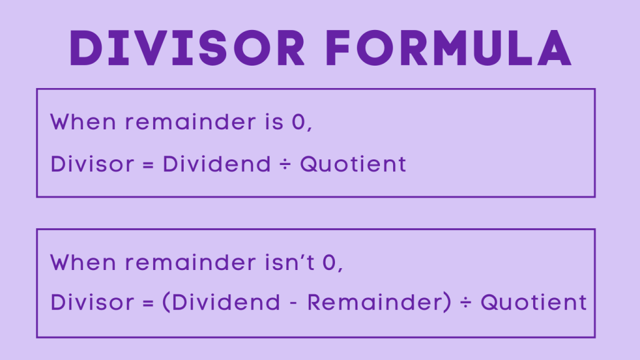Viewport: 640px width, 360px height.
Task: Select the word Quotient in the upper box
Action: click(x=353, y=164)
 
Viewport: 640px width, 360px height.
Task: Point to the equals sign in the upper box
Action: click(x=148, y=165)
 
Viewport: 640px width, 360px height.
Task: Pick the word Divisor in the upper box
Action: click(x=92, y=164)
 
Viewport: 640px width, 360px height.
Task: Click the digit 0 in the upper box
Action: click(x=299, y=122)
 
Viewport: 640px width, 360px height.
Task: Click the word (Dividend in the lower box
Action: click(x=221, y=302)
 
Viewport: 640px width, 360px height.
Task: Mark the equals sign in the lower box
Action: click(x=148, y=303)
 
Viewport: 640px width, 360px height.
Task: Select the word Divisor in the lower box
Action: click(x=92, y=302)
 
